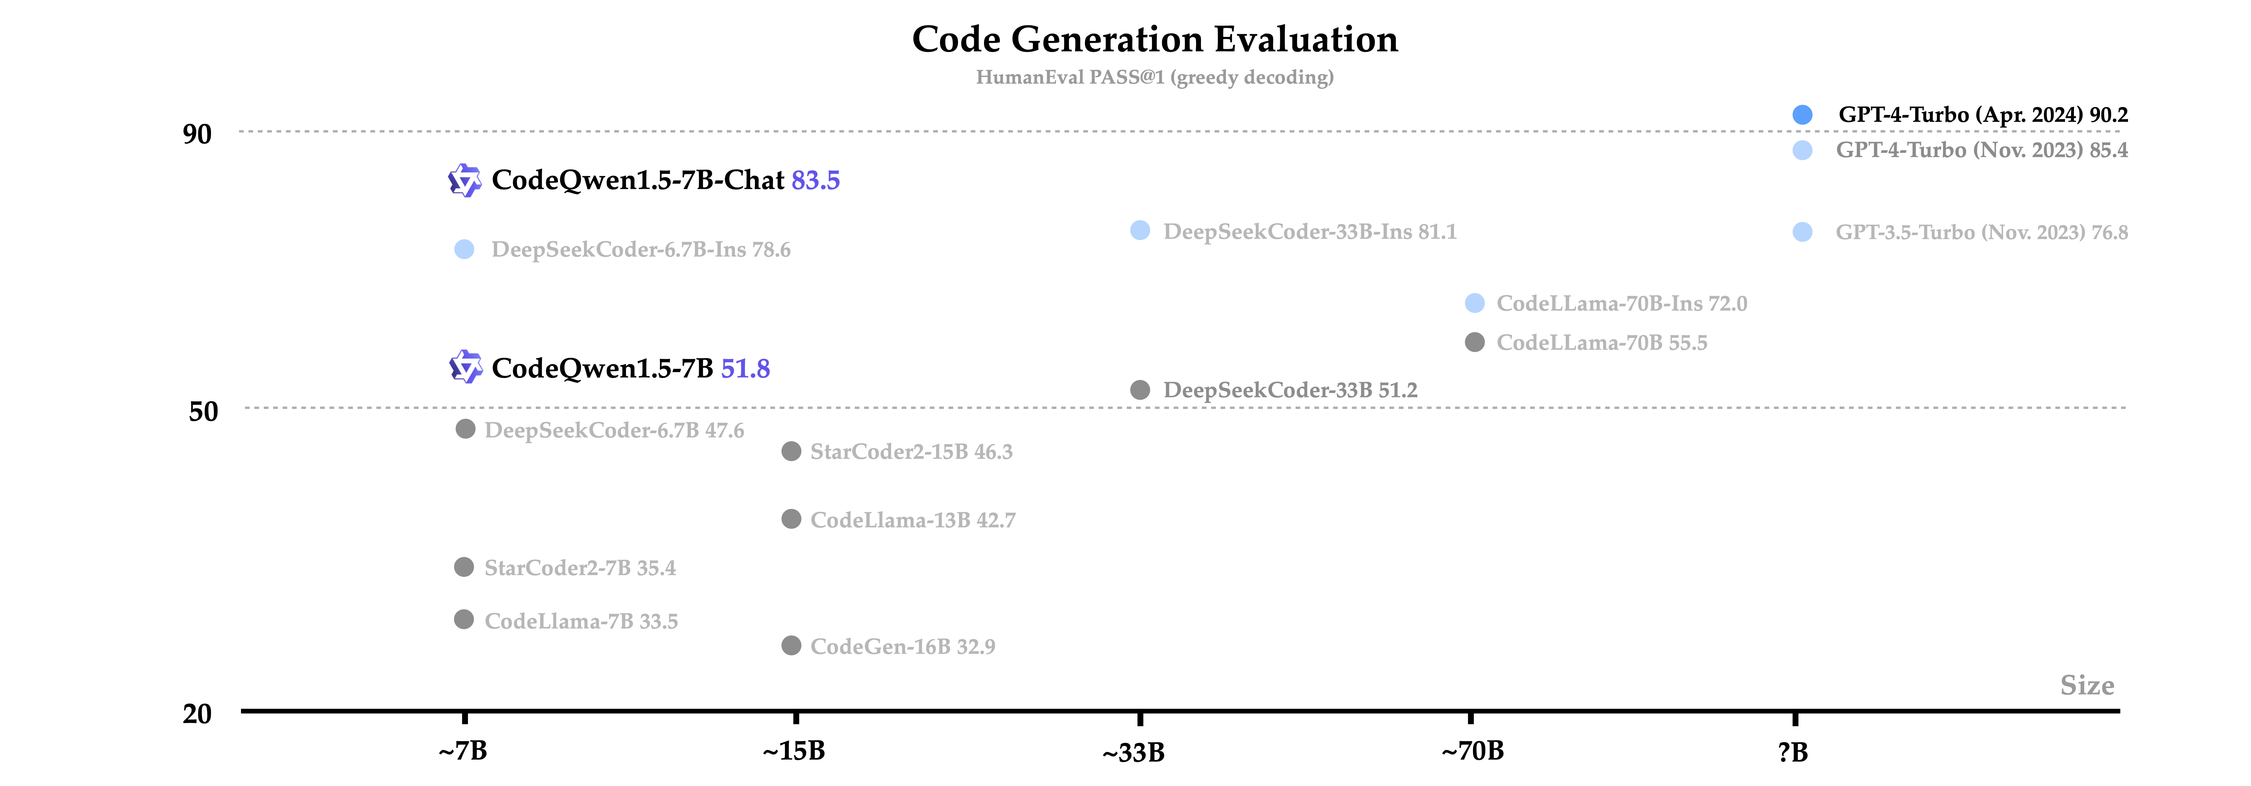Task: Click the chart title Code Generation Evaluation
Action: click(1154, 39)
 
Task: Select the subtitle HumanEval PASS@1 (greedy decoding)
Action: click(1154, 78)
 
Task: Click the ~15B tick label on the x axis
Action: click(793, 751)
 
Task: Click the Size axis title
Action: click(2087, 686)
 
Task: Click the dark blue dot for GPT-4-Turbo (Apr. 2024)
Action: click(1802, 114)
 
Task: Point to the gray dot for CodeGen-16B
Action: click(791, 645)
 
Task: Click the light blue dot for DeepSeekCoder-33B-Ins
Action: click(1139, 231)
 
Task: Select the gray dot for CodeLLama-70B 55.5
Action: click(1474, 342)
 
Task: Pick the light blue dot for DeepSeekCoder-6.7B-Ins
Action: click(464, 250)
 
